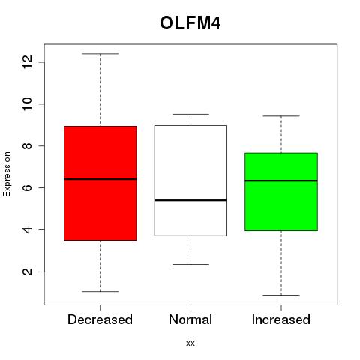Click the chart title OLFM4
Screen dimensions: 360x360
pos(190,23)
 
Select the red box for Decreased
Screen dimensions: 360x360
pos(100,183)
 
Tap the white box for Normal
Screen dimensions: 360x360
pos(190,181)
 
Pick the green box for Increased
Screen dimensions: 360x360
pos(281,192)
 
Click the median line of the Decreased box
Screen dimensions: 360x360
pos(100,179)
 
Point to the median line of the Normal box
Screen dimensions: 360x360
pos(190,200)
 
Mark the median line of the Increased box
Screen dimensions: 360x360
pos(281,181)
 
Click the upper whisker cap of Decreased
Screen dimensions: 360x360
pos(100,54)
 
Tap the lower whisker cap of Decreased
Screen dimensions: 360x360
pos(100,291)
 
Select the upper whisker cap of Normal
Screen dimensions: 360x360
pos(190,114)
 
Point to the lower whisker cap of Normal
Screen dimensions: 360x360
pos(190,264)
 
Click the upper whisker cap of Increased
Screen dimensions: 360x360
pos(281,116)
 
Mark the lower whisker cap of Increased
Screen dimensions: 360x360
pos(281,295)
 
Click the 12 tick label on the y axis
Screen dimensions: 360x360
pos(27,62)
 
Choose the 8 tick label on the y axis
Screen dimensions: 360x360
pos(27,145)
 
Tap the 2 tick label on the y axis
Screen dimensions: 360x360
pos(27,271)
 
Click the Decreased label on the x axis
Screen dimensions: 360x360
pos(100,319)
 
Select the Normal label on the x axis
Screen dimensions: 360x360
pos(190,319)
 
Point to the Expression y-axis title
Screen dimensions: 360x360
pos(7,174)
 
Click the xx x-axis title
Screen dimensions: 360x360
pos(190,343)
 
